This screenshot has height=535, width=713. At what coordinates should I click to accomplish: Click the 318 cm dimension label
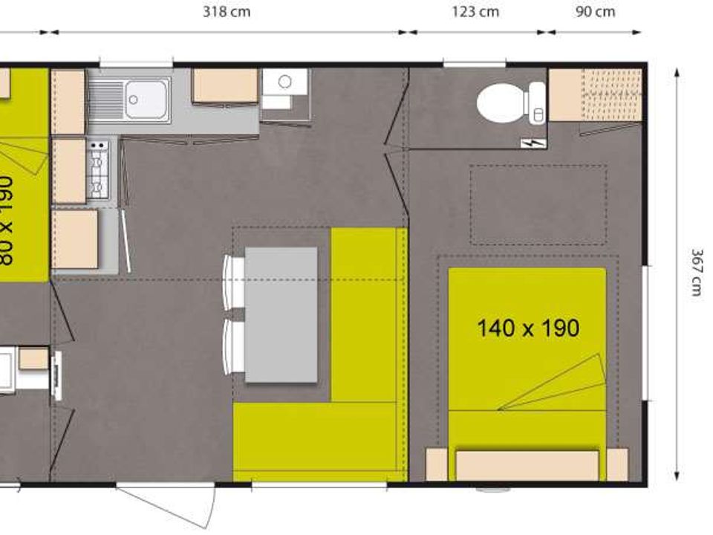point(226,12)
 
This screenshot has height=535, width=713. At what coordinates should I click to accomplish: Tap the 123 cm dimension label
point(475,12)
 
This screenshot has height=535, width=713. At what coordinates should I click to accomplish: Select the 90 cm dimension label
point(595,12)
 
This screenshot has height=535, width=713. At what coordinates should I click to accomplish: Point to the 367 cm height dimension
point(696,273)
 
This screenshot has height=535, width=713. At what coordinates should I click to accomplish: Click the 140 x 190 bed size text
point(527,328)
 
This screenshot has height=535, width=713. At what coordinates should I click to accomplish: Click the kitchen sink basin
point(146,97)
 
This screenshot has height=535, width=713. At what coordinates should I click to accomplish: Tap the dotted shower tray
point(611,94)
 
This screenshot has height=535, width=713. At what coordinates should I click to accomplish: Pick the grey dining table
point(281,315)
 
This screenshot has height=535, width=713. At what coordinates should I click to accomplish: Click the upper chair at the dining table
point(234,279)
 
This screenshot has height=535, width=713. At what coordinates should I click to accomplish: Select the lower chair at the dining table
point(234,346)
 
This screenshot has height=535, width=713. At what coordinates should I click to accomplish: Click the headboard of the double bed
point(527,464)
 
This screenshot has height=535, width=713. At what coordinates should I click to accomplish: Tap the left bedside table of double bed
point(436,464)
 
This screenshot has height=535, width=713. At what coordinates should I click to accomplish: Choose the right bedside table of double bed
point(617,464)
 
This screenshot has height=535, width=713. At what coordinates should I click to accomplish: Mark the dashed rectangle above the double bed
point(538,204)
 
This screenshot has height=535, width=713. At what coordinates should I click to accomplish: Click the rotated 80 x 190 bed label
point(6,220)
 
